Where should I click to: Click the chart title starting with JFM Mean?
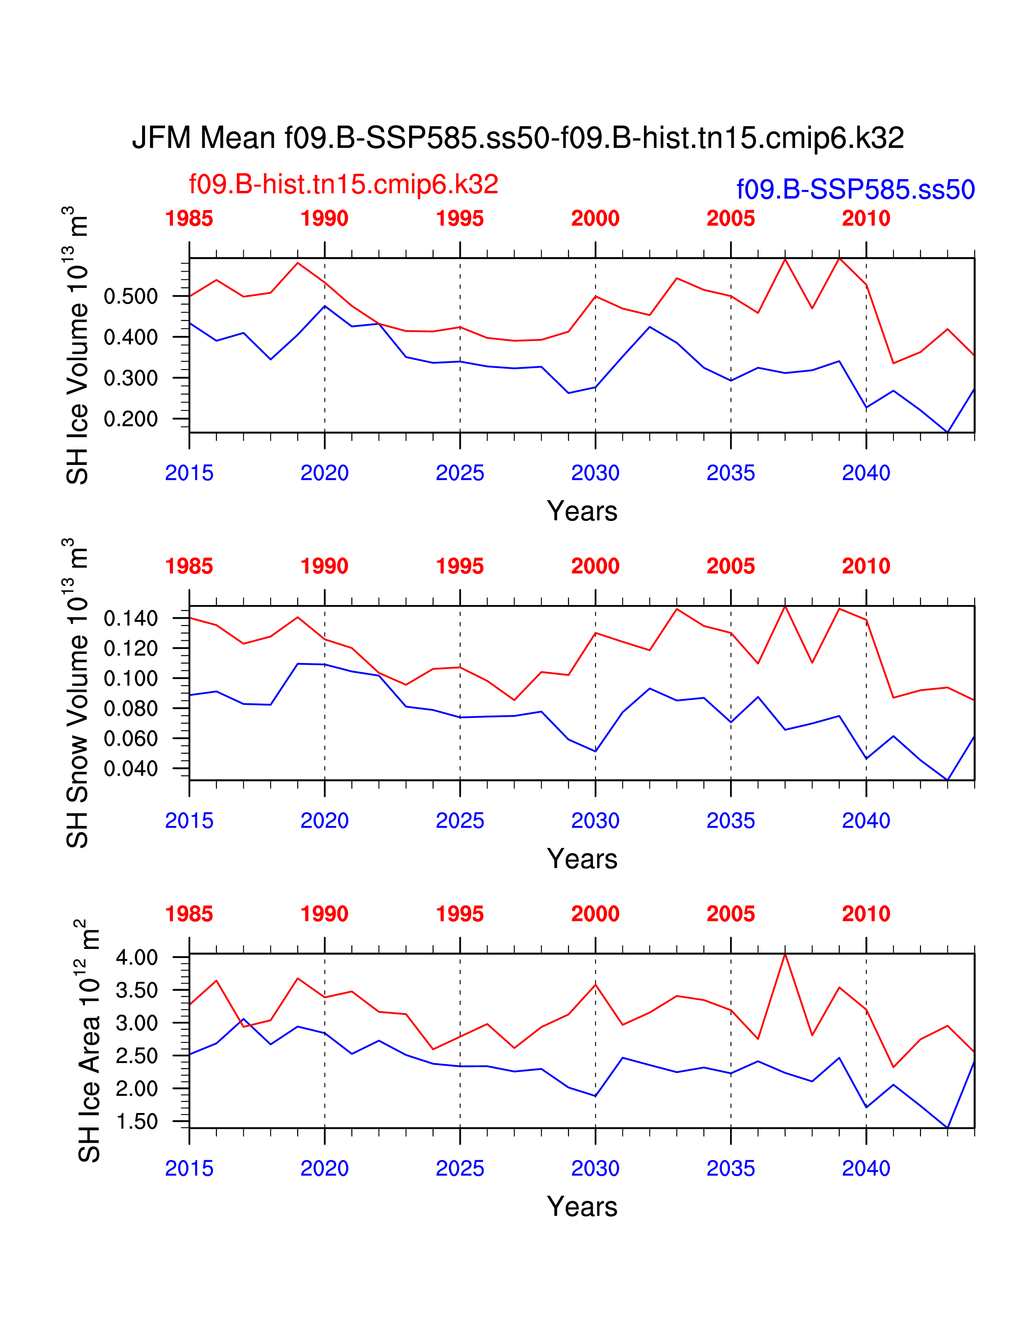pyautogui.click(x=517, y=138)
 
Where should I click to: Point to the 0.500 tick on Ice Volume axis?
pyautogui.click(x=131, y=296)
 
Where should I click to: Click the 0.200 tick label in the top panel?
pyautogui.click(x=131, y=419)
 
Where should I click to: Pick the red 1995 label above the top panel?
pyautogui.click(x=459, y=218)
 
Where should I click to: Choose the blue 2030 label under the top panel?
pyautogui.click(x=595, y=473)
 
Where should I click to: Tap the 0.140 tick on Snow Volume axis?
pyautogui.click(x=131, y=618)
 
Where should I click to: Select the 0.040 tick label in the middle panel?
pyautogui.click(x=131, y=769)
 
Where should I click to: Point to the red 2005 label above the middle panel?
pyautogui.click(x=730, y=566)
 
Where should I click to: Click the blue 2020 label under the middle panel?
pyautogui.click(x=324, y=821)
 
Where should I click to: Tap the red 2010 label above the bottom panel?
pyautogui.click(x=865, y=914)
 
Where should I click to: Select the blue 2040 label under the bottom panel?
pyautogui.click(x=865, y=1169)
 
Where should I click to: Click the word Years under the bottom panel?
pyautogui.click(x=582, y=1207)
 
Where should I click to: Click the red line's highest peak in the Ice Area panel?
pyautogui.click(x=785, y=955)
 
